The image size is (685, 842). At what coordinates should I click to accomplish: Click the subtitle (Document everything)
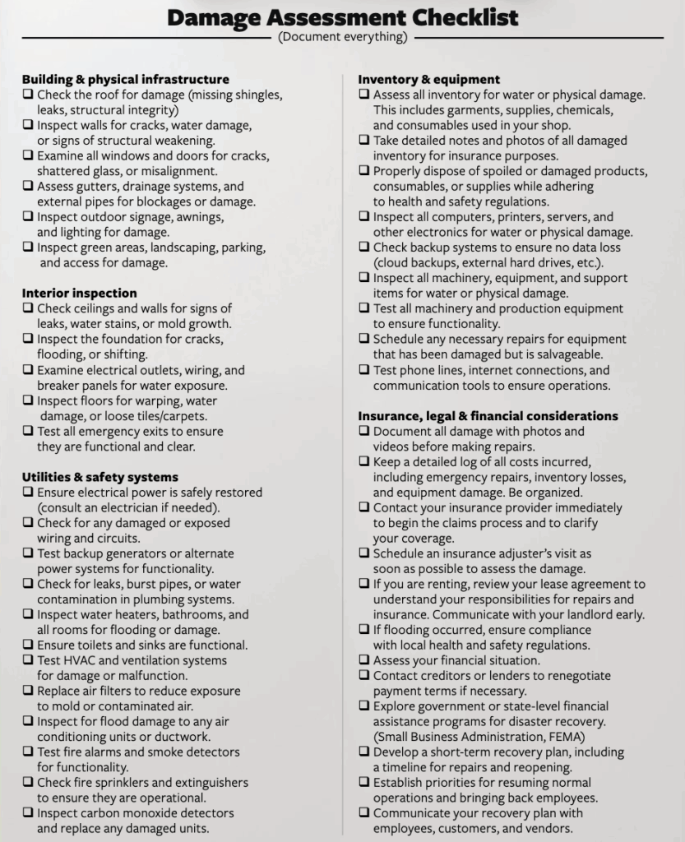pyautogui.click(x=342, y=37)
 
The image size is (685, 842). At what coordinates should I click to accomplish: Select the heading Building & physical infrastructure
pyautogui.click(x=125, y=80)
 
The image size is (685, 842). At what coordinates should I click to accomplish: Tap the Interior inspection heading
pyautogui.click(x=80, y=293)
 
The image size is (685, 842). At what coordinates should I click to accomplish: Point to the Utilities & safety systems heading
pyautogui.click(x=100, y=477)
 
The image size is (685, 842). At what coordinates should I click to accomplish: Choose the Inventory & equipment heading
pyautogui.click(x=429, y=80)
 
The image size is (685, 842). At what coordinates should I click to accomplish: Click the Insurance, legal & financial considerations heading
pyautogui.click(x=488, y=416)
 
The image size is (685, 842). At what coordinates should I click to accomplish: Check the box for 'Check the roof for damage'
pyautogui.click(x=28, y=95)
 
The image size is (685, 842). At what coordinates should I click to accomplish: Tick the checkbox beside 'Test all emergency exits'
pyautogui.click(x=28, y=432)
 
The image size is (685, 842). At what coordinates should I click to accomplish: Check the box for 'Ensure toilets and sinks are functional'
pyautogui.click(x=28, y=645)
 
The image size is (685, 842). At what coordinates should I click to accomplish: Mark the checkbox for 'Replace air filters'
pyautogui.click(x=28, y=692)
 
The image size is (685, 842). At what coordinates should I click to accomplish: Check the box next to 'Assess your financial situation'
pyautogui.click(x=364, y=660)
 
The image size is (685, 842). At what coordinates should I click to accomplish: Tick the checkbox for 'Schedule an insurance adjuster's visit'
pyautogui.click(x=364, y=553)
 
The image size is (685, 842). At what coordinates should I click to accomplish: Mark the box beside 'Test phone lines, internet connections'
pyautogui.click(x=364, y=370)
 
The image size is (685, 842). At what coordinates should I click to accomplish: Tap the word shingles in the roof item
pyautogui.click(x=255, y=95)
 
